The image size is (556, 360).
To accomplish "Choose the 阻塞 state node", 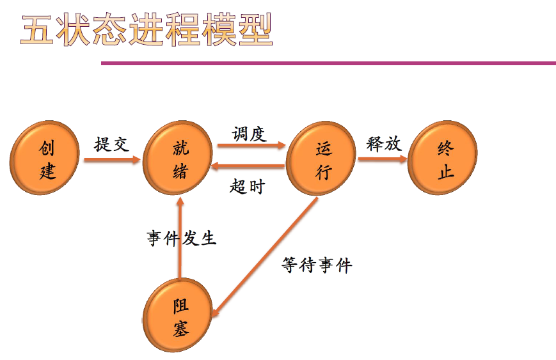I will click(x=180, y=317).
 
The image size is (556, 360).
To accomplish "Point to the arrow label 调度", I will click(x=250, y=134).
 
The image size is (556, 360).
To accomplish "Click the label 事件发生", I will click(x=182, y=239).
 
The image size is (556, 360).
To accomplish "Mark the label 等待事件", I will click(x=317, y=265).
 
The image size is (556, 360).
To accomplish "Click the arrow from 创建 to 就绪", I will click(x=112, y=159).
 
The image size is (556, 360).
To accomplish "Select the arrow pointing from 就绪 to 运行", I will click(x=250, y=146).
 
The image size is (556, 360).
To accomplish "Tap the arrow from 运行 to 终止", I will click(x=383, y=159).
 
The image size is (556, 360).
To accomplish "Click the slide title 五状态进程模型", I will click(x=147, y=31).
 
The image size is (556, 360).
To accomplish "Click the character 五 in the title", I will click(x=37, y=31).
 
